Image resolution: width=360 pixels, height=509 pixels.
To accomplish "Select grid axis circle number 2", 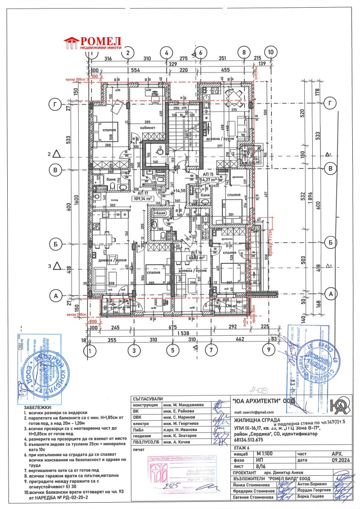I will coord(128,52).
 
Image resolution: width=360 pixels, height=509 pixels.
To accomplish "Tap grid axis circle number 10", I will coord(270,52).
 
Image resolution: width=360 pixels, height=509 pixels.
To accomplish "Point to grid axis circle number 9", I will coord(269,348).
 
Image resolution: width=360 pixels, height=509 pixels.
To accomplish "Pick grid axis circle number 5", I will coord(172,348).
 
